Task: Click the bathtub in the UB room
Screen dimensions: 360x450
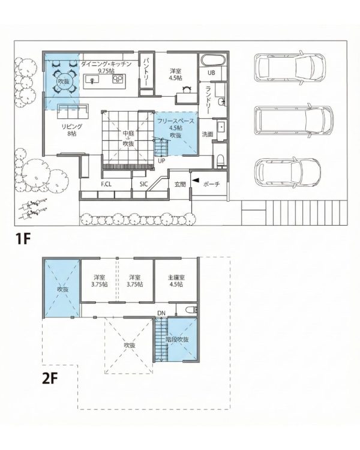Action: coord(214,60)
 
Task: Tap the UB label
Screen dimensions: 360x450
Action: coord(211,73)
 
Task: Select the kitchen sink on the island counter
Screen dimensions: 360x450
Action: coord(92,79)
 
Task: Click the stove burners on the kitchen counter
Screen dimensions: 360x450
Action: coord(118,79)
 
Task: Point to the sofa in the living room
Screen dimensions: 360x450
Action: coord(73,112)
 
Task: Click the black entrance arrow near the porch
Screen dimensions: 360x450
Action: coord(195,180)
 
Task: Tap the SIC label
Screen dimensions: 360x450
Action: coord(143,184)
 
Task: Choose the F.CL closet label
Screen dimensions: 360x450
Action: coord(106,184)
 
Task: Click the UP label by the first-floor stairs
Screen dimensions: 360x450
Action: coord(161,161)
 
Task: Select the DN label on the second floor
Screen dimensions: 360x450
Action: coord(161,313)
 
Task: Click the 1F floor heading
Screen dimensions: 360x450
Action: coord(23,239)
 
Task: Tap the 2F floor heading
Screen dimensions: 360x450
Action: coord(50,379)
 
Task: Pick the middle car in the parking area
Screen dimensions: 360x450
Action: coord(293,121)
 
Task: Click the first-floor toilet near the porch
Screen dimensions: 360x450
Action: coord(221,161)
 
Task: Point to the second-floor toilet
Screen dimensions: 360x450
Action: coord(190,310)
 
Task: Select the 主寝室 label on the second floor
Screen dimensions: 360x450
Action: coord(176,278)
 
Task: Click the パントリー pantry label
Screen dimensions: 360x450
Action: coord(146,72)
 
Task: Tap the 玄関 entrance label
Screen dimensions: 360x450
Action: coord(180,184)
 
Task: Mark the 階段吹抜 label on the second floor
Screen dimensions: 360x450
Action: coord(177,339)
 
